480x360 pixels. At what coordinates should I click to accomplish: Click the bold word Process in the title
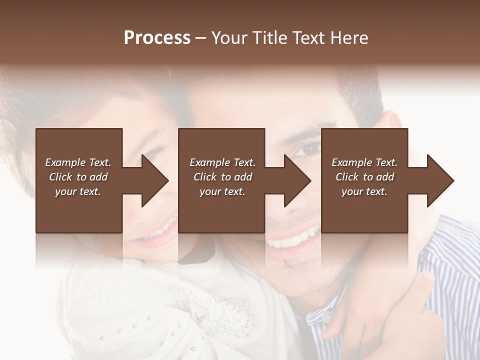click(x=157, y=38)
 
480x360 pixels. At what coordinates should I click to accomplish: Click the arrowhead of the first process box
click(x=155, y=180)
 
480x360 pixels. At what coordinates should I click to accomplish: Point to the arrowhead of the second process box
click(x=297, y=180)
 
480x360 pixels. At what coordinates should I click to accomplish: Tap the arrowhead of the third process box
click(x=440, y=180)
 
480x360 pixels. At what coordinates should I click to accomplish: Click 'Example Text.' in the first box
click(x=78, y=162)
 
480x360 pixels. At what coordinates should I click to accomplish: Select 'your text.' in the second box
click(x=222, y=191)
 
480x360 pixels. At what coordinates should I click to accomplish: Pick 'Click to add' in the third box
click(x=364, y=177)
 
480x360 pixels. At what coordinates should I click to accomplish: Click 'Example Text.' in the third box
click(x=364, y=162)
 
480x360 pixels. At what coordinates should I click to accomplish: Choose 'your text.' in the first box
click(x=78, y=191)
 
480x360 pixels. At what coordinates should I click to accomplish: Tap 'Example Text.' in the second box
click(x=222, y=162)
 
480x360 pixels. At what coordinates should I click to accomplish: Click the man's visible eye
click(x=310, y=148)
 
